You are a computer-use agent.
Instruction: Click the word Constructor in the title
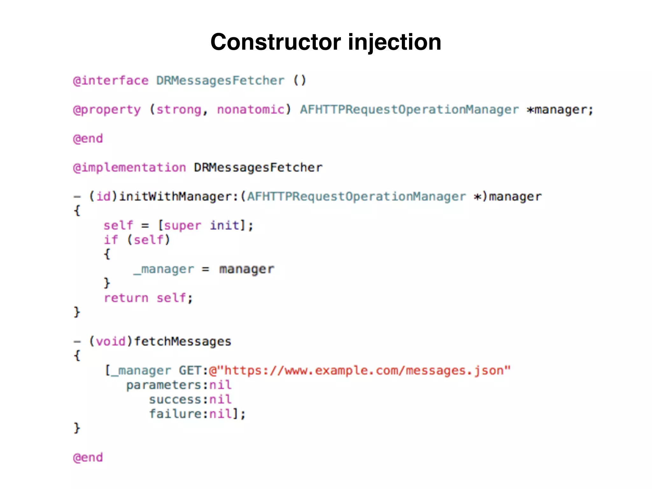[x=276, y=42]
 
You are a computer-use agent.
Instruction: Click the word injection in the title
[x=394, y=42]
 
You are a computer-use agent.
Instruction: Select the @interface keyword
[x=110, y=81]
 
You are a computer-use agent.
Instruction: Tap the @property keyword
[x=107, y=110]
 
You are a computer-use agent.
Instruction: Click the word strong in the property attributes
[x=179, y=110]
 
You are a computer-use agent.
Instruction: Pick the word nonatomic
[x=251, y=110]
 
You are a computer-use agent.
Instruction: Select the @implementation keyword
[x=129, y=167]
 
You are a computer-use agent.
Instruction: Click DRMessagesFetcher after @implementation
[x=258, y=167]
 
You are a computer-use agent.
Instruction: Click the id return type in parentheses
[x=103, y=196]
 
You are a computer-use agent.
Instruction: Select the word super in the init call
[x=182, y=225]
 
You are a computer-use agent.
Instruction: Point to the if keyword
[x=111, y=240]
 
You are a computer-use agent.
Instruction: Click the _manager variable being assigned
[x=164, y=269]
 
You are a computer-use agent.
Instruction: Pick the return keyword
[x=126, y=298]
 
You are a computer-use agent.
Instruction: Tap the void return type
[x=111, y=341]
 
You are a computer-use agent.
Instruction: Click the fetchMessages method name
[x=182, y=341]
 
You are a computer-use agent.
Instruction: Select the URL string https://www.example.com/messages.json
[x=360, y=370]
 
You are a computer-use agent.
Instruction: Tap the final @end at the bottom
[x=88, y=457]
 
